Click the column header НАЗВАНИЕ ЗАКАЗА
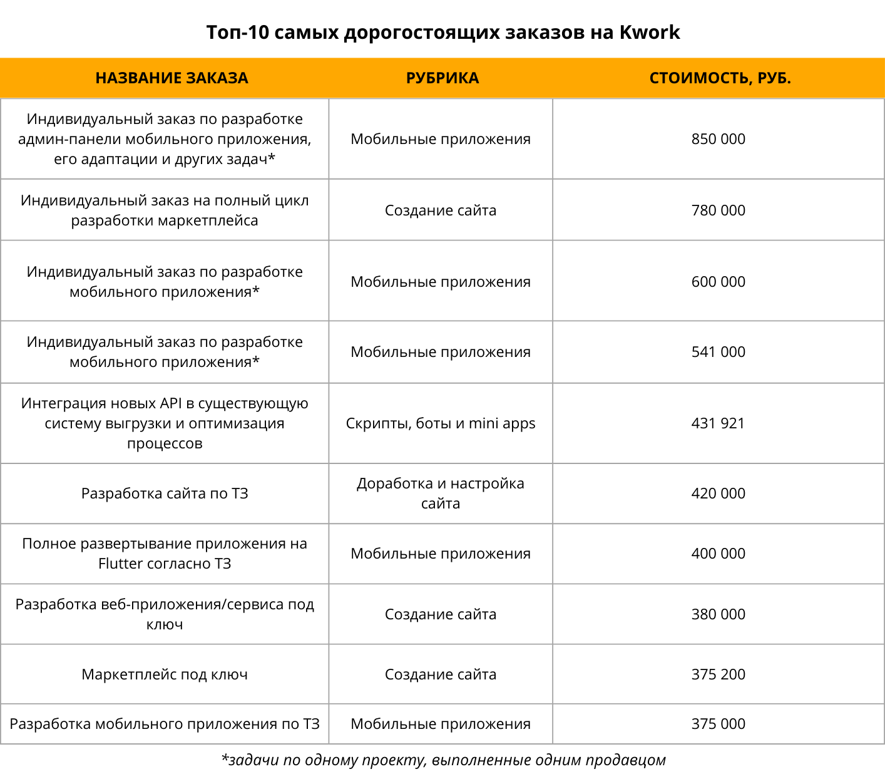pyautogui.click(x=171, y=78)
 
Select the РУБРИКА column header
pyautogui.click(x=442, y=78)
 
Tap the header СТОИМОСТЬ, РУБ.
pyautogui.click(x=720, y=78)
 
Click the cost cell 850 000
pyautogui.click(x=719, y=139)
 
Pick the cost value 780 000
pyautogui.click(x=719, y=210)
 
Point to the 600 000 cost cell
pyautogui.click(x=719, y=282)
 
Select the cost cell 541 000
pyautogui.click(x=719, y=352)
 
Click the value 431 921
pyautogui.click(x=719, y=423)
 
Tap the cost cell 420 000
pyautogui.click(x=719, y=493)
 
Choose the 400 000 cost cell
pyautogui.click(x=719, y=554)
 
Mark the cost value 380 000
pyautogui.click(x=719, y=614)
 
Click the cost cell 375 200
pyautogui.click(x=719, y=674)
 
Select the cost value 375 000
pyautogui.click(x=719, y=724)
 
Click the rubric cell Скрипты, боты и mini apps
pyautogui.click(x=441, y=423)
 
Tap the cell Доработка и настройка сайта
pyautogui.click(x=441, y=493)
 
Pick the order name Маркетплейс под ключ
pyautogui.click(x=165, y=674)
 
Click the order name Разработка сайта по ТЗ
pyautogui.click(x=165, y=493)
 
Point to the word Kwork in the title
pyautogui.click(x=650, y=33)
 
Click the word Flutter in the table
pyautogui.click(x=121, y=564)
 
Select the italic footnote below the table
pyautogui.click(x=443, y=760)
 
